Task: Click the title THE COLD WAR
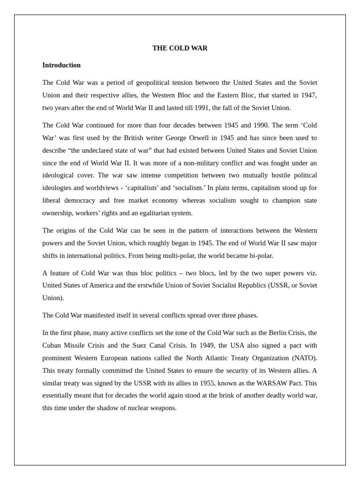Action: (180, 48)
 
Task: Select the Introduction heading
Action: (61, 65)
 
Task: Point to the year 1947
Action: (308, 95)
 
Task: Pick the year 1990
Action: (257, 125)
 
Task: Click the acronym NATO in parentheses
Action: (305, 358)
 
